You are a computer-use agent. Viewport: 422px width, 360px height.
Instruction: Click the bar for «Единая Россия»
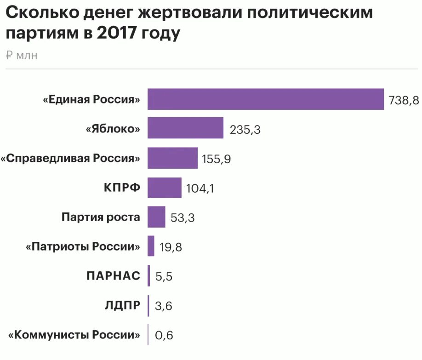pos(265,99)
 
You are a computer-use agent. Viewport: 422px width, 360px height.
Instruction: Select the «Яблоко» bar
pos(185,128)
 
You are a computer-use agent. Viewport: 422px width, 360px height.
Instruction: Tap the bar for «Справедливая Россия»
pos(172,158)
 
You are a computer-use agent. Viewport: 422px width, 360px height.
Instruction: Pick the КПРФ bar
pos(164,188)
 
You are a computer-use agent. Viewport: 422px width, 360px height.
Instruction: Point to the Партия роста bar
pos(156,217)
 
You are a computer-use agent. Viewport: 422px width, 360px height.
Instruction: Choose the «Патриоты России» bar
pos(151,246)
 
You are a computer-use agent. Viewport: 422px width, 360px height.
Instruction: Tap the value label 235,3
pos(245,130)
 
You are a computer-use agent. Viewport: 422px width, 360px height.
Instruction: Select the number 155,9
pos(216,160)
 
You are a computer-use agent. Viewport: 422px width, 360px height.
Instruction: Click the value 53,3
pos(182,217)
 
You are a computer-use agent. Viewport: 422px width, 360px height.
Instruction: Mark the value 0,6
pos(164,335)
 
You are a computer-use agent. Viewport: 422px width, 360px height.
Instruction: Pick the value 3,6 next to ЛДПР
pos(163,306)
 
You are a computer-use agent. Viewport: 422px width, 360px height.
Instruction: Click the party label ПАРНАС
pos(113,276)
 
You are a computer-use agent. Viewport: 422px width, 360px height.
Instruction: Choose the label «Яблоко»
pos(113,129)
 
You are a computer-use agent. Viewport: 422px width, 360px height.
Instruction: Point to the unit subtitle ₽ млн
pos(22,56)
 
